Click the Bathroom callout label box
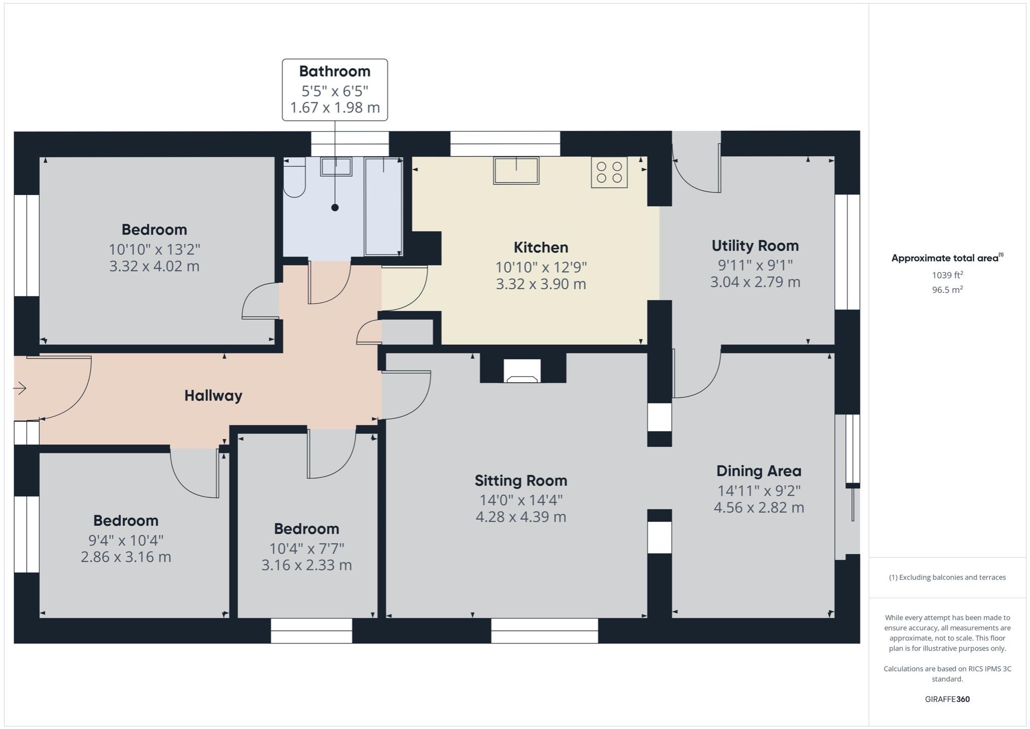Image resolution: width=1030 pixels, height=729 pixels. point(335,90)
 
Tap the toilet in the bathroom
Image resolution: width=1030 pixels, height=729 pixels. point(294,178)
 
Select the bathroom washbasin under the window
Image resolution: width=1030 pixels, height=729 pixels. point(336,166)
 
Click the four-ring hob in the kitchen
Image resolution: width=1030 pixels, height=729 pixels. point(609,172)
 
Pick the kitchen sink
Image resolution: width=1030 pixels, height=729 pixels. point(516,171)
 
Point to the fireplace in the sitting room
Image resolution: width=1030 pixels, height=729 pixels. point(522,371)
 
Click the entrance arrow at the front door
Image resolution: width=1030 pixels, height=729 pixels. point(20,388)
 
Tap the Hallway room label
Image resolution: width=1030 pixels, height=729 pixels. point(213,396)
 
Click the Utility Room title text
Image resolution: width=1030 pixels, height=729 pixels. point(755,246)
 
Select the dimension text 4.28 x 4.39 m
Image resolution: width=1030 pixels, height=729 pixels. point(521,517)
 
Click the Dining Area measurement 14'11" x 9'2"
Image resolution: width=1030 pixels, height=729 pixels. point(759,491)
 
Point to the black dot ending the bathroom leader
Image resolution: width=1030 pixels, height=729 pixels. point(335,207)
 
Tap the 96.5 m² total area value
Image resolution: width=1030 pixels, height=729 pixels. point(947,290)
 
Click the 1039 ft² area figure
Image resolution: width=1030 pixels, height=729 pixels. point(947,275)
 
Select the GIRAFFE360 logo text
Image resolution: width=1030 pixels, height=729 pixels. point(947,699)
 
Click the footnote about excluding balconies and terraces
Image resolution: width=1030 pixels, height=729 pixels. point(947,577)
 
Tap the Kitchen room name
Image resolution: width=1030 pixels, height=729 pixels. point(540,247)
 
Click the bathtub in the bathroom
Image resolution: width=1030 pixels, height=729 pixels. point(383,206)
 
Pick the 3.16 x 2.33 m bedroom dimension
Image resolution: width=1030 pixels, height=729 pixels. point(306,565)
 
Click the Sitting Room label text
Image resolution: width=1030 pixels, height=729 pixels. point(521,481)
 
